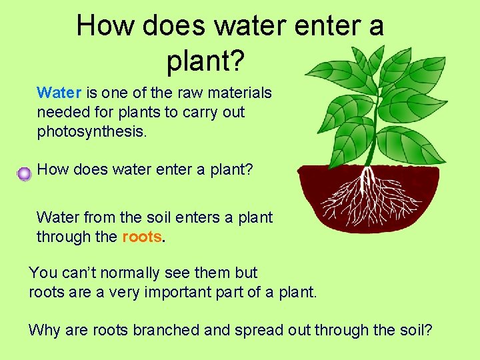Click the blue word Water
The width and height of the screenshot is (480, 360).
[x=58, y=93]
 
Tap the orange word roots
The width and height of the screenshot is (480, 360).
[x=142, y=237]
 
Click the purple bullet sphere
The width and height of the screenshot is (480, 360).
[x=25, y=174]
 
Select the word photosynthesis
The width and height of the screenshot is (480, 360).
[x=91, y=131]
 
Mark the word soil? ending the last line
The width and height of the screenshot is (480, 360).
[x=413, y=329]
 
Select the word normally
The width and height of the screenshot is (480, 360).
[x=133, y=273]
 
